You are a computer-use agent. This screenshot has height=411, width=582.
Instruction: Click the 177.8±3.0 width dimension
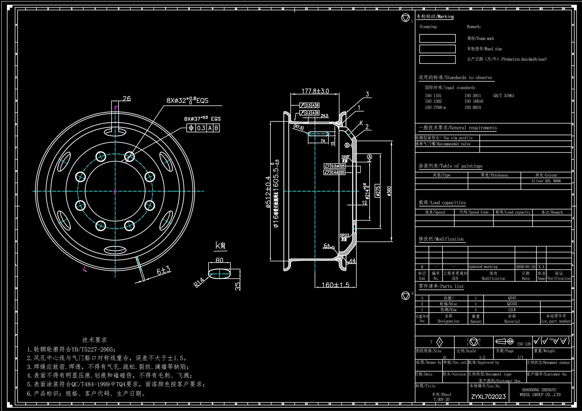click(315, 91)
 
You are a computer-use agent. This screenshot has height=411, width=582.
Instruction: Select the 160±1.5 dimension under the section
click(335, 285)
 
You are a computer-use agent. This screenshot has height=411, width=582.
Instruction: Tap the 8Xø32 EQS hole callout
click(187, 101)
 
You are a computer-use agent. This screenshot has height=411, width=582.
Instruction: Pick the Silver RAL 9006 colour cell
click(546, 181)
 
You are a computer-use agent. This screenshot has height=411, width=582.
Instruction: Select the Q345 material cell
click(512, 298)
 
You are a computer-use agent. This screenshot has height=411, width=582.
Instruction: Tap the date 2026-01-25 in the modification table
click(525, 267)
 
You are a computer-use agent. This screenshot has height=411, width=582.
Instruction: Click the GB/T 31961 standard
click(503, 95)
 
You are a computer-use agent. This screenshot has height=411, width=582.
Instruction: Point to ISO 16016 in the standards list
click(474, 101)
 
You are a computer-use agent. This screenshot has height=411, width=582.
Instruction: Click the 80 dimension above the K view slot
click(219, 260)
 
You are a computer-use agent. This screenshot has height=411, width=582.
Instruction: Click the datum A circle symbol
click(370, 157)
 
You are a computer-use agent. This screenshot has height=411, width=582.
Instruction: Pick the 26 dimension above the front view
click(126, 98)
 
